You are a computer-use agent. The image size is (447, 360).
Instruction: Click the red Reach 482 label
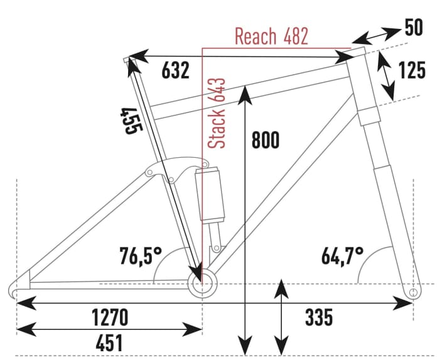(x=271, y=36)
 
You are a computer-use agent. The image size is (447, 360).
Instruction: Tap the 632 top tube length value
(x=175, y=71)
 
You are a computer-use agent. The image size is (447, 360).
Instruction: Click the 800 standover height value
(x=265, y=141)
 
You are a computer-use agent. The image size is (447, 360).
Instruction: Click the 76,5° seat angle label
(x=141, y=256)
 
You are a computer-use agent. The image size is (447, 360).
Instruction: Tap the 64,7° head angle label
(x=342, y=256)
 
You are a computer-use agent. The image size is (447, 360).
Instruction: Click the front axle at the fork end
(x=413, y=293)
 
